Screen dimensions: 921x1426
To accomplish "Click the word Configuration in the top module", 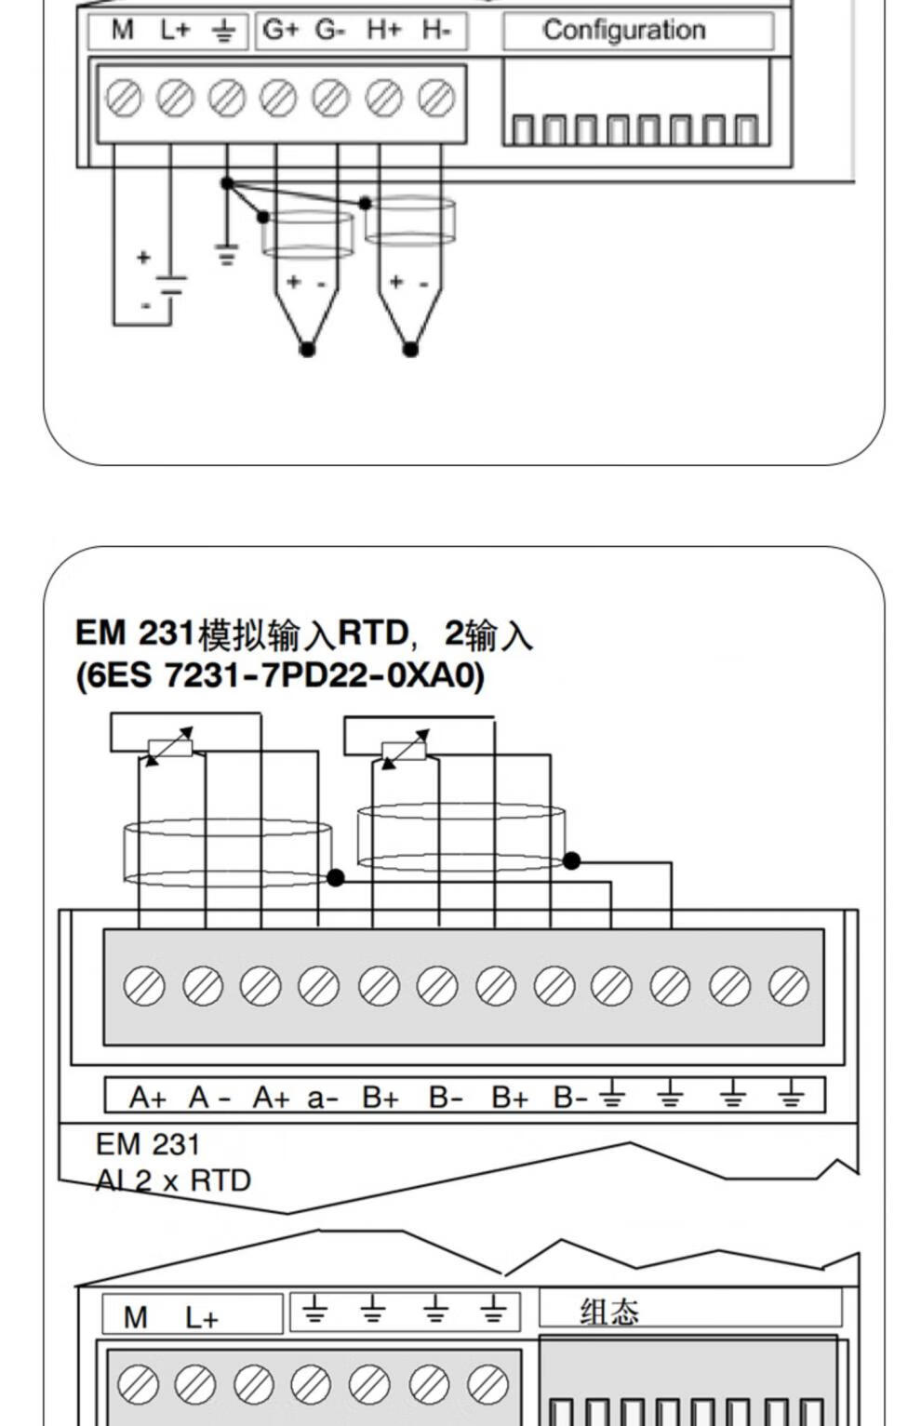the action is [x=623, y=30].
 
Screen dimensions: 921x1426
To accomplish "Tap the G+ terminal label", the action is [x=280, y=29].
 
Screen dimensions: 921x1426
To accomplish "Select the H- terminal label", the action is [x=436, y=29].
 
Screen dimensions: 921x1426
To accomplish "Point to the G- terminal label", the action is [x=330, y=29].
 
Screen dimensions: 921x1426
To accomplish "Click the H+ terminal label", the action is [x=384, y=29].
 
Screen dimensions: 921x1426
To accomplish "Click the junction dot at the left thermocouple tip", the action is [x=307, y=349].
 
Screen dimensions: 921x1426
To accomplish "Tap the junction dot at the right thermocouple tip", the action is [x=410, y=349].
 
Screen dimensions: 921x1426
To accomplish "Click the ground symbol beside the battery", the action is [x=227, y=253].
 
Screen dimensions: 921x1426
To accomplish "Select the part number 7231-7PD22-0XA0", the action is [x=321, y=675].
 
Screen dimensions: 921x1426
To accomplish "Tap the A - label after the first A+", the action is [x=209, y=1097].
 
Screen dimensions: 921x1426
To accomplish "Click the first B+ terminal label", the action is [x=380, y=1097].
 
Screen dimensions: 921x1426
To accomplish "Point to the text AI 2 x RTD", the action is [x=173, y=1181].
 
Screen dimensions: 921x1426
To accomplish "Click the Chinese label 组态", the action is [x=609, y=1312].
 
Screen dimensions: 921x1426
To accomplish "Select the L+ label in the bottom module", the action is [x=202, y=1317].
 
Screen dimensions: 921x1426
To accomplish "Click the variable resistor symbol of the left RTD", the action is [x=170, y=746].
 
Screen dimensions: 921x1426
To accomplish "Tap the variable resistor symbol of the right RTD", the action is [x=405, y=750].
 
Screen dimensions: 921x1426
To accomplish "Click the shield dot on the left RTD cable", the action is [x=336, y=877].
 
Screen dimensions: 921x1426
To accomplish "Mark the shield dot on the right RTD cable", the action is [x=571, y=860].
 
